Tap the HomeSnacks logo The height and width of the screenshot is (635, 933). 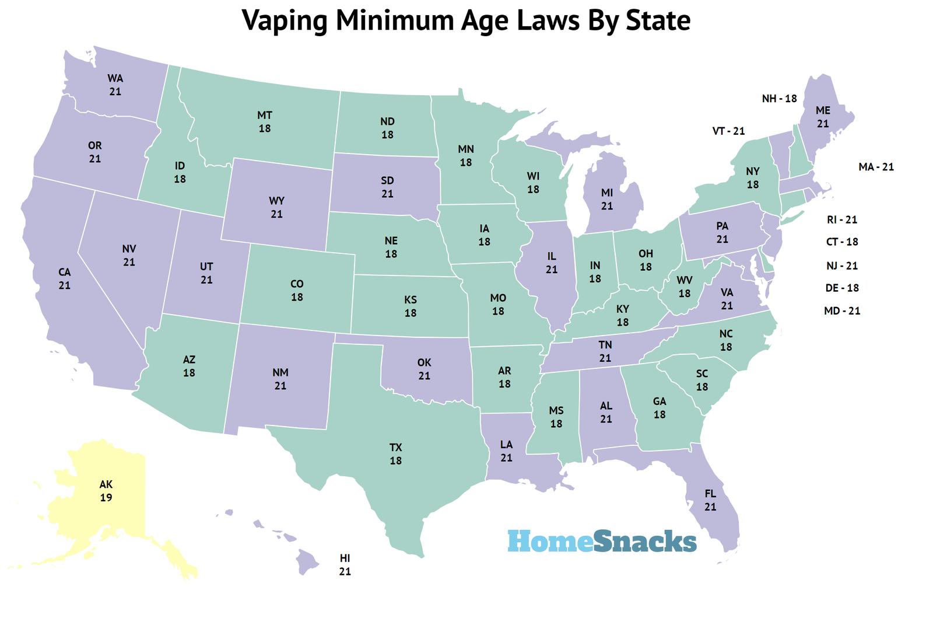point(602,541)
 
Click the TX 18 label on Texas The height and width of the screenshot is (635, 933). point(396,454)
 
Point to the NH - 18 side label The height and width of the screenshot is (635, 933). point(779,99)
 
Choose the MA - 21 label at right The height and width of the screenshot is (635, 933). point(876,167)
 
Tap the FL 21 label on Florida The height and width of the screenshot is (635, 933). point(710,500)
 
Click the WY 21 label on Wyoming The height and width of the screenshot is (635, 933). point(276,207)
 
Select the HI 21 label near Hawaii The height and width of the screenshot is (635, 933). point(345,565)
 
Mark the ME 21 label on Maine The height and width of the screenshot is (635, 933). point(823,117)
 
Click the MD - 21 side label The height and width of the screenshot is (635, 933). point(842,311)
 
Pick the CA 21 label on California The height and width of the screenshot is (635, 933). point(64,278)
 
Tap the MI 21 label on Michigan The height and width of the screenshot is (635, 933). point(606,199)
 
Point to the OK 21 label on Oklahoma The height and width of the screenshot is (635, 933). point(424,369)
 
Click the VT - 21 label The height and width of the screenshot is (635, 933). point(728,131)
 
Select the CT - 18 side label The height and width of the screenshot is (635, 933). point(842,242)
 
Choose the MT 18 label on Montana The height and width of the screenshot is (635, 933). point(265,121)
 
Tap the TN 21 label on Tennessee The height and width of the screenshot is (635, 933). point(605,351)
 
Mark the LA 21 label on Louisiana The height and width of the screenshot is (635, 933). point(506,451)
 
